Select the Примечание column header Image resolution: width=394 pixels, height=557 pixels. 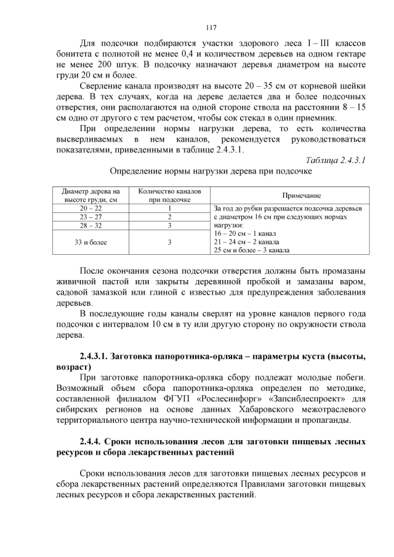point(302,195)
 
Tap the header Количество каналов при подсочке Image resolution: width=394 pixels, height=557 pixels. point(169,195)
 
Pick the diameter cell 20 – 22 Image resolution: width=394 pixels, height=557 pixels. point(91,208)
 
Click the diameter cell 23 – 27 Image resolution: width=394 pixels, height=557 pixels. point(91,217)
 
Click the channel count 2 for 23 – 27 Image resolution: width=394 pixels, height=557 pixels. point(169,217)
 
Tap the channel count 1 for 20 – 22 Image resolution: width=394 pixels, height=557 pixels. point(169,208)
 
